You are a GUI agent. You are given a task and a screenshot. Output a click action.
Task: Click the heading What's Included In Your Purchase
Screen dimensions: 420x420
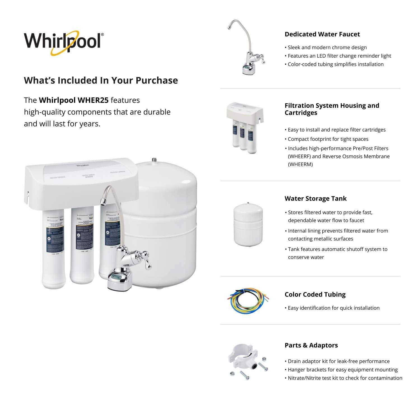(x=101, y=80)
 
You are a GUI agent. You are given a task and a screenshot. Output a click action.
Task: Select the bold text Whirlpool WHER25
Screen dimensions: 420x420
(x=74, y=100)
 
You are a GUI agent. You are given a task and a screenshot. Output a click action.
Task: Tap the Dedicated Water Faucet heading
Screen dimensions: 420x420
(x=322, y=34)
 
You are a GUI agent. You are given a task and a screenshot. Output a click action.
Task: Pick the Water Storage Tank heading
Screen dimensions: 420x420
(x=315, y=199)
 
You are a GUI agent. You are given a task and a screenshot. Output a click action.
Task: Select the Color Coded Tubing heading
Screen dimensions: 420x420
(x=315, y=295)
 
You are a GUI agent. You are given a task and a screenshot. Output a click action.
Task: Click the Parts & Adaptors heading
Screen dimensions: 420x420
(x=311, y=345)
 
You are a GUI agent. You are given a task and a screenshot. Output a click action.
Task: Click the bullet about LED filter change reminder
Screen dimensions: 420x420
(x=339, y=56)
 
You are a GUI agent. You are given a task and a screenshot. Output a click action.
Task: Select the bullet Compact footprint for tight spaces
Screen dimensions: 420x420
(x=328, y=139)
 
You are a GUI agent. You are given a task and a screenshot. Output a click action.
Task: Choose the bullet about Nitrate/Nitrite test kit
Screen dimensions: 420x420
(x=345, y=378)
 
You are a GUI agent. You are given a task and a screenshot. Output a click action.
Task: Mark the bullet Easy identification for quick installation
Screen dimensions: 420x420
(x=333, y=308)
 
